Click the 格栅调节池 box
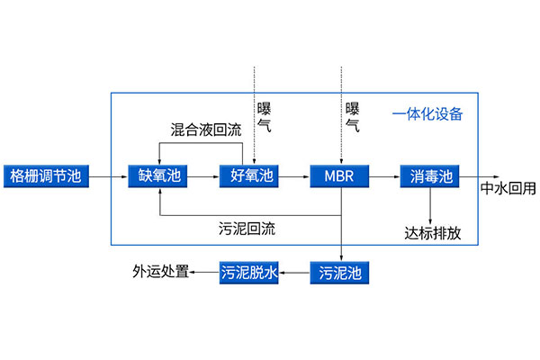coord(45,175)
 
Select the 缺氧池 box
coord(160,175)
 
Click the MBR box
coord(341,175)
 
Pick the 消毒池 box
coord(430,175)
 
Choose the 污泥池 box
coord(341,271)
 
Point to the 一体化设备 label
coord(427,113)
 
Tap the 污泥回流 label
coord(247,228)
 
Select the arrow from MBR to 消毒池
coord(386,175)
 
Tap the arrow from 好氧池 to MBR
coord(296,175)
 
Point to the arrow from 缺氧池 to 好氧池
coord(206,175)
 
